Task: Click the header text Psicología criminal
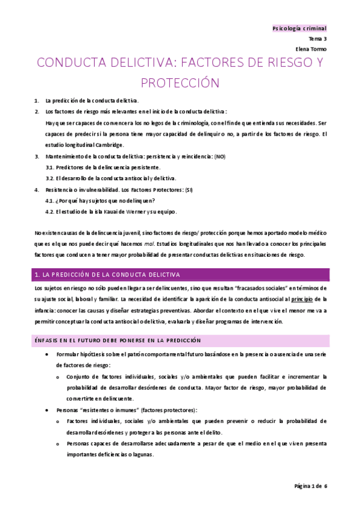(299, 28)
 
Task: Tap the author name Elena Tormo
(311, 49)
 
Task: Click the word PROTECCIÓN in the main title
(180, 83)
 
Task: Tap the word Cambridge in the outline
(108, 145)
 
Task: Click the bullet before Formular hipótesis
(48, 354)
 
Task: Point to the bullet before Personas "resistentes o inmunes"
(48, 410)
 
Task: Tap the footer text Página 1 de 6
(310, 486)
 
